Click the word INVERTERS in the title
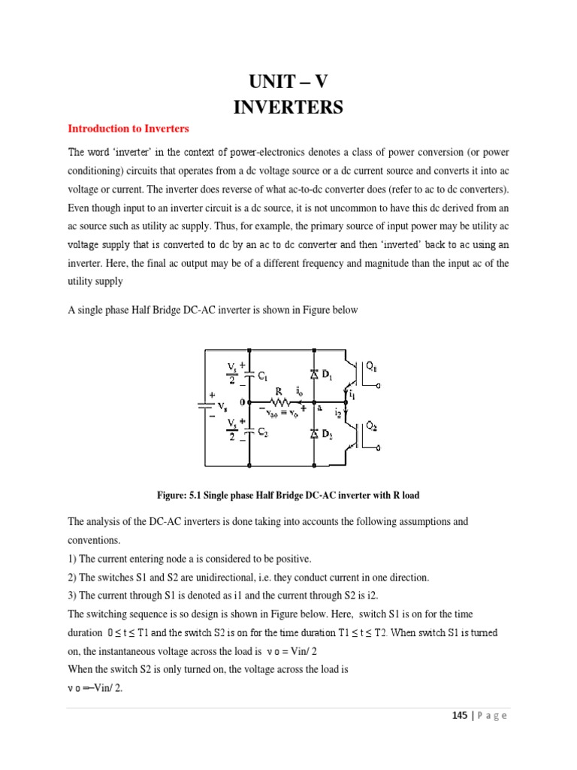[288, 108]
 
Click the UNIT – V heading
[288, 80]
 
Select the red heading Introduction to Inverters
[129, 129]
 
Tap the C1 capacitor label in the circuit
[263, 377]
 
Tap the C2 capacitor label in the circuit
[263, 432]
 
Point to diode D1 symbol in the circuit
[313, 374]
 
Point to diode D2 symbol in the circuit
[313, 434]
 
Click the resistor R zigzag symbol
[281, 402]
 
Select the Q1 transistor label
[371, 367]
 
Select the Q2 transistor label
[371, 426]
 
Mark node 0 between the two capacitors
[243, 402]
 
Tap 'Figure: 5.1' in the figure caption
[177, 495]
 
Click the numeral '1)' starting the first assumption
[73, 559]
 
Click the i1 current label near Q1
[351, 394]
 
